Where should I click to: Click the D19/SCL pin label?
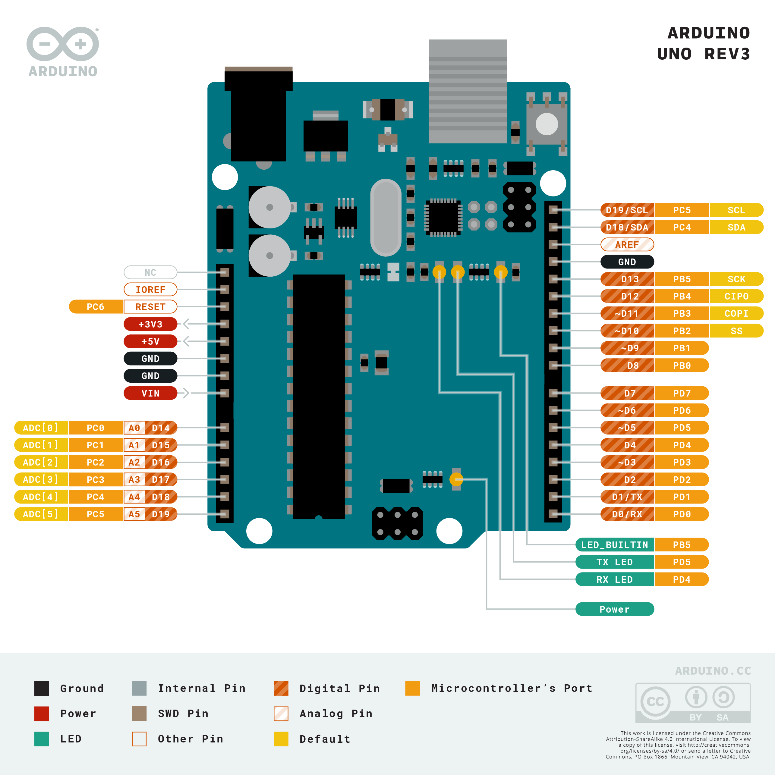[627, 210]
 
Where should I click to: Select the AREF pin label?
[627, 245]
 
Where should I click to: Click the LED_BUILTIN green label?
[614, 545]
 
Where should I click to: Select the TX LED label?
[614, 562]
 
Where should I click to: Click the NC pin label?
[150, 273]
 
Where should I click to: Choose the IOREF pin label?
[150, 290]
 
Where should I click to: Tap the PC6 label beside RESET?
[96, 307]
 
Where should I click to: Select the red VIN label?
[150, 394]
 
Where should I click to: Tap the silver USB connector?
[468, 92]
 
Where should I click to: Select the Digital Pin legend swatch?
[281, 688]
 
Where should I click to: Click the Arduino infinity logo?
[63, 44]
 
